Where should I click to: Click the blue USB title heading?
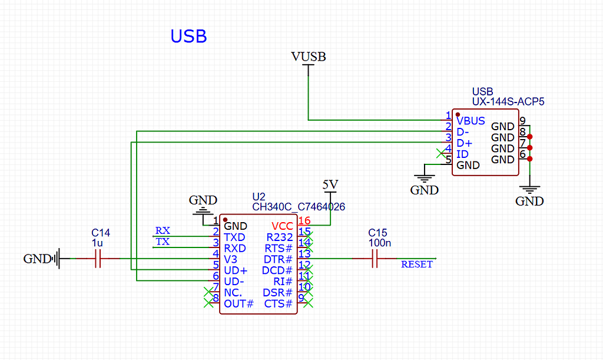188,37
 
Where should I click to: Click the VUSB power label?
309,57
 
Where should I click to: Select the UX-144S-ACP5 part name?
508,102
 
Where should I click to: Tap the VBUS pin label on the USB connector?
471,121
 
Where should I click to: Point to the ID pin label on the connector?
462,154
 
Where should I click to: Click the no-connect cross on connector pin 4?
440,153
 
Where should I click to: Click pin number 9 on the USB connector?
522,121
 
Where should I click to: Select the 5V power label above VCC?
331,184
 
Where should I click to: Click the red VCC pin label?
282,226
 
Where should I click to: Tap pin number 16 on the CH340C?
304,221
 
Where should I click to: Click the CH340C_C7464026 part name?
299,207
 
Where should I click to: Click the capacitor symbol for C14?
98,259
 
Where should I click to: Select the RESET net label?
417,265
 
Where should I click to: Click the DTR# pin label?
278,259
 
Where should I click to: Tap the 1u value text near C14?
98,243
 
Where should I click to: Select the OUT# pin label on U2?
238,304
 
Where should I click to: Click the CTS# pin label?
279,304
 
